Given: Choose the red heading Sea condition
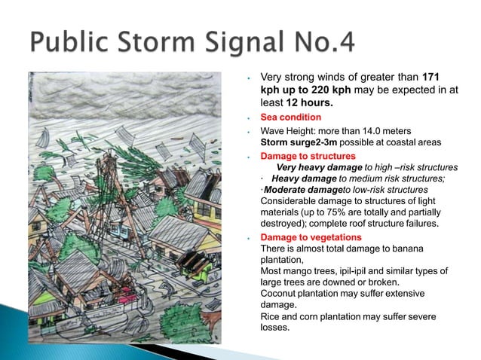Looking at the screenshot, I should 290,117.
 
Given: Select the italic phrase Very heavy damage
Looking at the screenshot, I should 316,167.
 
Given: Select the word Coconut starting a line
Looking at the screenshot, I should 280,293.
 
